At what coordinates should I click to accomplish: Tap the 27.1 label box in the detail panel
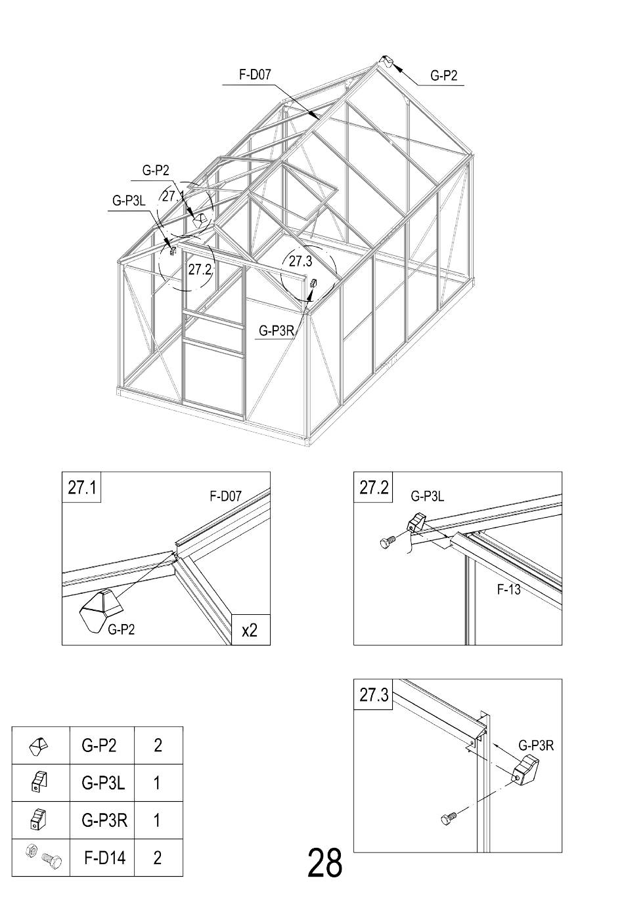coord(81,487)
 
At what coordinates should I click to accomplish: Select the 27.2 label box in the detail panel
coord(373,487)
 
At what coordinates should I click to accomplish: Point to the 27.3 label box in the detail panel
coord(373,694)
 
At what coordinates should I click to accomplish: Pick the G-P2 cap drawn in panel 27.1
coord(100,611)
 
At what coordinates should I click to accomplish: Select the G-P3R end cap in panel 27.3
coord(526,769)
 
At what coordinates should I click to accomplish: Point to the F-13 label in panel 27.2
coord(508,589)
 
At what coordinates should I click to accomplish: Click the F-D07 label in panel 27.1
coord(225,496)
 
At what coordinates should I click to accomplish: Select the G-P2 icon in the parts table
coord(39,746)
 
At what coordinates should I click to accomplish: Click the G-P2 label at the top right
coord(443,75)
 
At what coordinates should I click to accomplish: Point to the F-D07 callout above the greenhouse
coord(255,75)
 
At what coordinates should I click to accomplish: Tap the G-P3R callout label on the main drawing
coord(277,331)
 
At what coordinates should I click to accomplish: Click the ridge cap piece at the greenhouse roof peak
coord(386,62)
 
